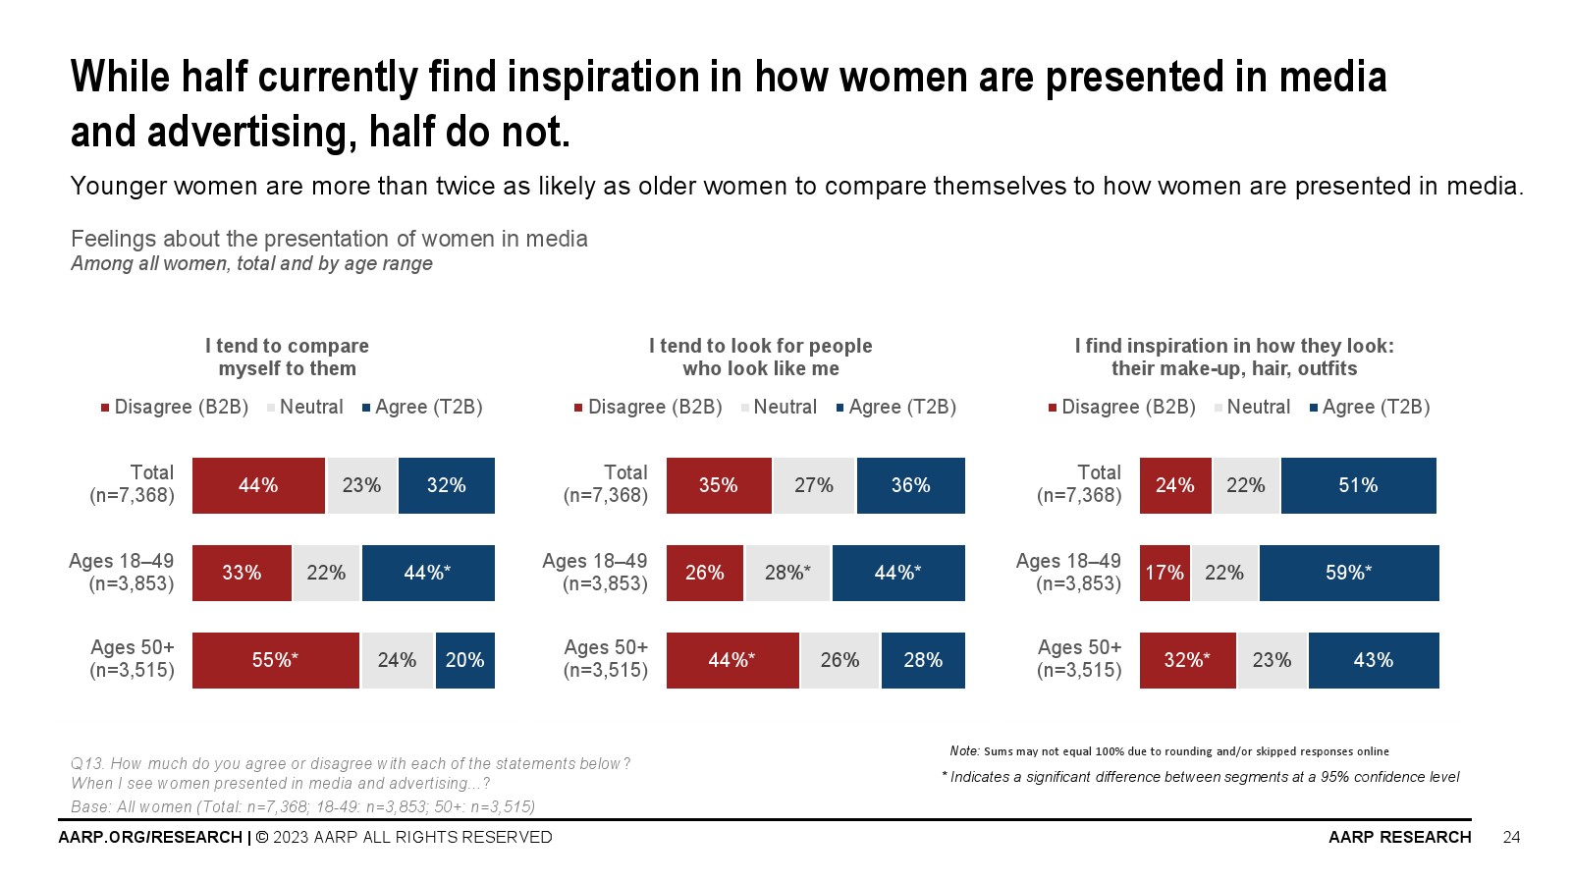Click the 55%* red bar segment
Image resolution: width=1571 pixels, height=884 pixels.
click(x=276, y=660)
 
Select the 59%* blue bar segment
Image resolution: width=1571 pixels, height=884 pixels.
click(x=1349, y=573)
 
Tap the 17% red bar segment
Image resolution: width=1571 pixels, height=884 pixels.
click(x=1165, y=573)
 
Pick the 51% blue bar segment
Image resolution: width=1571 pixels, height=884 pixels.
click(x=1358, y=485)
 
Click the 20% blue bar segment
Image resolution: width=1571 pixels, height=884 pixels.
click(x=464, y=660)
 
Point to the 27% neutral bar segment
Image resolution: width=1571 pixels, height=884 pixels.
click(x=814, y=485)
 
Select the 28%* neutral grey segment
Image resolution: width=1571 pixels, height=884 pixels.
click(x=787, y=573)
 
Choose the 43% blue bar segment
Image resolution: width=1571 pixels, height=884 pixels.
click(x=1373, y=660)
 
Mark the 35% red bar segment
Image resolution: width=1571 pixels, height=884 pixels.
click(x=719, y=485)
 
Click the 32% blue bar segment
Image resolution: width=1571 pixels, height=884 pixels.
click(x=446, y=485)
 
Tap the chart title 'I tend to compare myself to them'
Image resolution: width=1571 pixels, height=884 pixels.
click(x=287, y=358)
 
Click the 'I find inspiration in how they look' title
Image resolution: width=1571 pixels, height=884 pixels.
click(x=1234, y=358)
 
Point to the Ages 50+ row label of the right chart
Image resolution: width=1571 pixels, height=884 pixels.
click(x=1079, y=659)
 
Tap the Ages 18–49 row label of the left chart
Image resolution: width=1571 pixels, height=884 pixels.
click(x=122, y=572)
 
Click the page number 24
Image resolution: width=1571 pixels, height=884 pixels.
click(x=1511, y=837)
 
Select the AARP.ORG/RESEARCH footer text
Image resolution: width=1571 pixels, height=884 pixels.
click(x=150, y=837)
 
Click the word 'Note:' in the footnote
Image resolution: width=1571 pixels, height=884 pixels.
click(x=964, y=750)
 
